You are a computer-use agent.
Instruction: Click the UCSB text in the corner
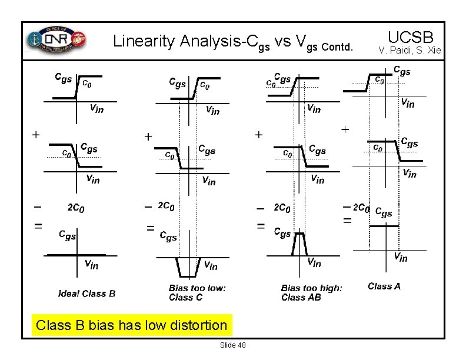410,36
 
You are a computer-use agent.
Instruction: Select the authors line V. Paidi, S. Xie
410,51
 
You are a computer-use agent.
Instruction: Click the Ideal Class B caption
86,294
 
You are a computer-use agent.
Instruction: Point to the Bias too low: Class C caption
197,292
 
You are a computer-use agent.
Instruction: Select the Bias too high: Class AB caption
311,292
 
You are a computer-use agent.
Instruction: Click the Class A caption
384,286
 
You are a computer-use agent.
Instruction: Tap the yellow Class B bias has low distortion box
131,325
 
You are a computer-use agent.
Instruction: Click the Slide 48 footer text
232,345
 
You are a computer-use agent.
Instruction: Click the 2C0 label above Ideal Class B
76,208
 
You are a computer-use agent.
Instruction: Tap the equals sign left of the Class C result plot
151,227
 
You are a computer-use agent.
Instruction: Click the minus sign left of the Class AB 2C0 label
259,208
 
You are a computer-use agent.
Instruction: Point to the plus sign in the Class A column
345,128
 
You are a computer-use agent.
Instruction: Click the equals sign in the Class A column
347,221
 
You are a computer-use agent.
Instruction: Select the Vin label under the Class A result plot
400,256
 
